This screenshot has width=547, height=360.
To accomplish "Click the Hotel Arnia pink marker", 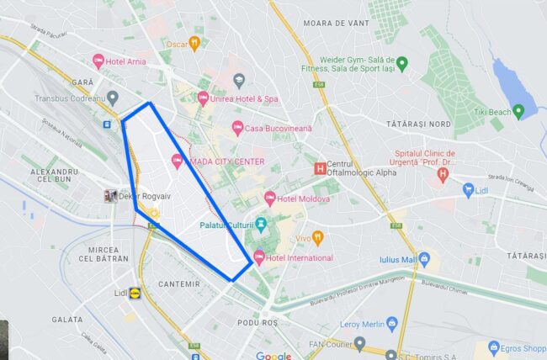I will [98, 61].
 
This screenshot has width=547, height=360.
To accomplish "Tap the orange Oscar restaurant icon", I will [194, 43].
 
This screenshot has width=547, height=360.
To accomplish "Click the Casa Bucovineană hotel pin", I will [238, 129].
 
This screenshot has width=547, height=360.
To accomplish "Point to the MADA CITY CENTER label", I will [227, 161].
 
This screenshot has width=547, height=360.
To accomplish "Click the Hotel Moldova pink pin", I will [270, 199].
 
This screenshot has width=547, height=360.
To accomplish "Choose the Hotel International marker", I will [258, 257].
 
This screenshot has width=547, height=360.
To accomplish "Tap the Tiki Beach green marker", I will [518, 111].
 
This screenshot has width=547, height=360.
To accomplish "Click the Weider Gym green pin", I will [402, 63].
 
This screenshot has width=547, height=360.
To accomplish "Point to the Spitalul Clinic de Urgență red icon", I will [443, 175].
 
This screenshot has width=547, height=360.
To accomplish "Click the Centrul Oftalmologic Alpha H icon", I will [319, 168].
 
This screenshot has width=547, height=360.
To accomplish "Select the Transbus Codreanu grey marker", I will [113, 98].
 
